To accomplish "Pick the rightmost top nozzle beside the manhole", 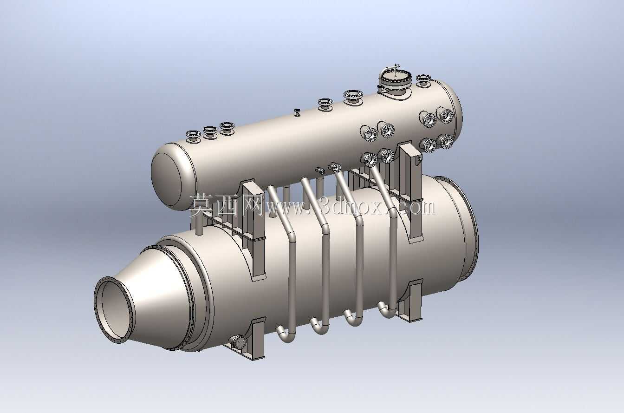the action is [x=423, y=79].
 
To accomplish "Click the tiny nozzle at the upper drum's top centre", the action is [x=297, y=112].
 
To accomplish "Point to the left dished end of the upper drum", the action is [x=167, y=176].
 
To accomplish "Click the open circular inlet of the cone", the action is [x=114, y=309].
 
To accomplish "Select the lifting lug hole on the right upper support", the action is [x=418, y=159].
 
